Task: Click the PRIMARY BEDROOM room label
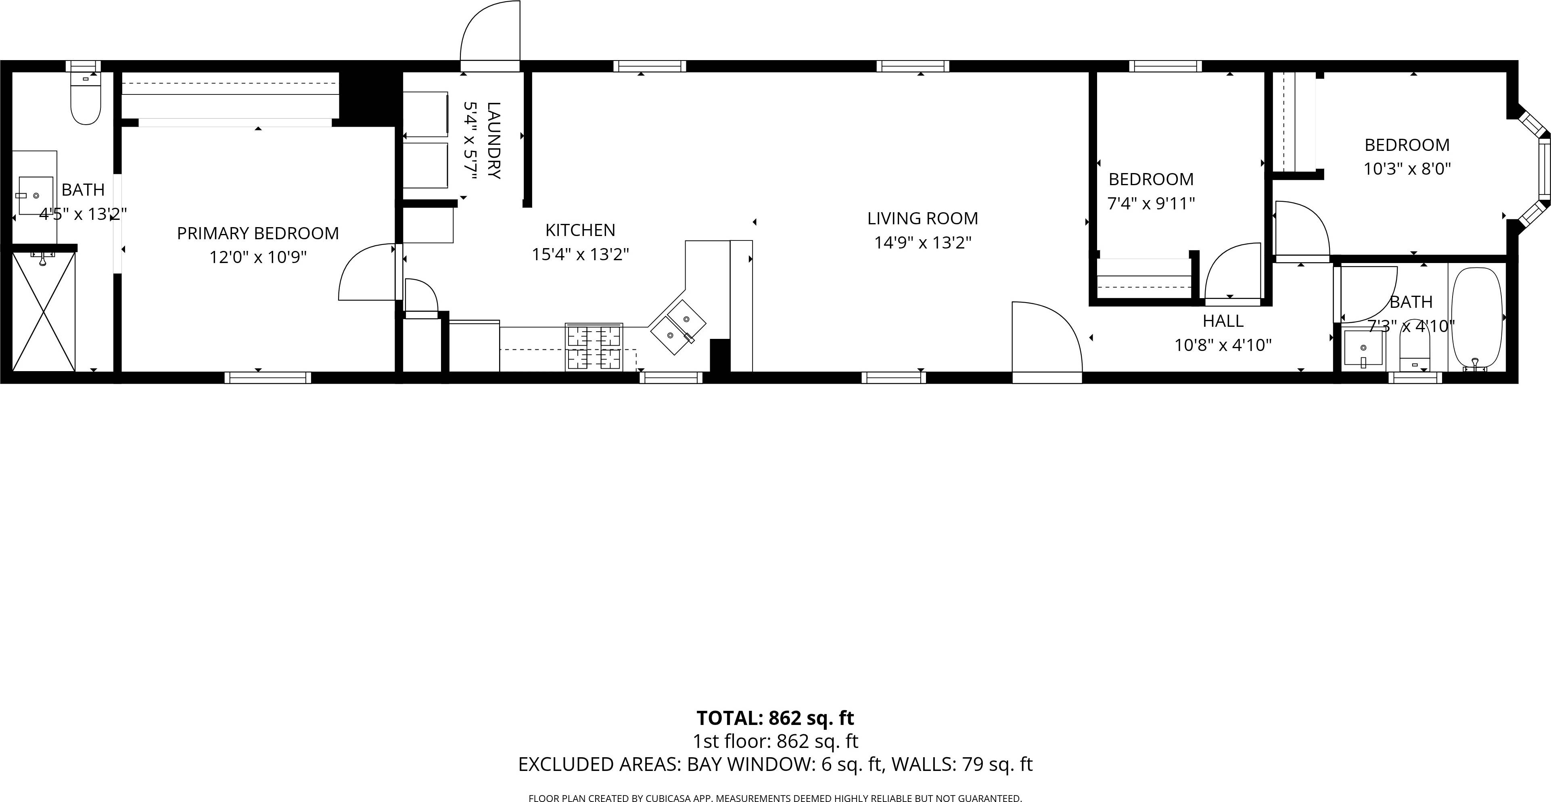point(258,233)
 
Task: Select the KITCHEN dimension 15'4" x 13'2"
point(580,255)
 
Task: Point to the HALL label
point(1223,321)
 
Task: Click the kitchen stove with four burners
point(594,347)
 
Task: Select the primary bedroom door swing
point(367,274)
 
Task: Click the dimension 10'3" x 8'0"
point(1407,169)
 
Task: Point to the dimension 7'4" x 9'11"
point(1151,203)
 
